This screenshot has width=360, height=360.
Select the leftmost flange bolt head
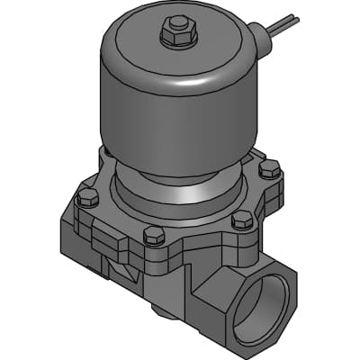pos(87,198)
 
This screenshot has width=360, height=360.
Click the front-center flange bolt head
pos(154,237)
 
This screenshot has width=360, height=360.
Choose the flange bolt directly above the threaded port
pos(241,220)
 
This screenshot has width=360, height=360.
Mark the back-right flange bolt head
pos(269,168)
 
